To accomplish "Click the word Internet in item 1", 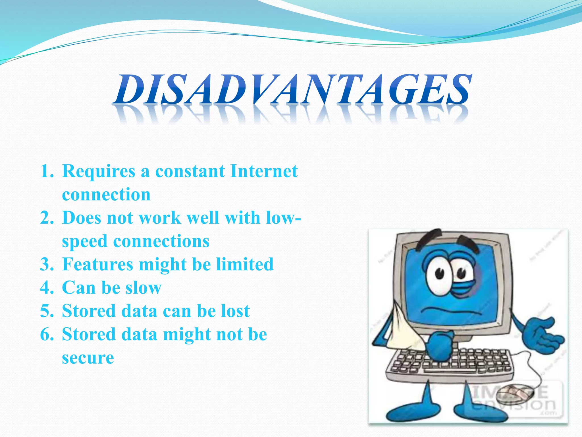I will pyautogui.click(x=264, y=171).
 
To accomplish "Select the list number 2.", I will pyautogui.click(x=47, y=218).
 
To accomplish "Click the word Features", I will pyautogui.click(x=97, y=264).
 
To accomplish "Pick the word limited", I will pyautogui.click(x=245, y=264).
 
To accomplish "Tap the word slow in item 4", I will pyautogui.click(x=144, y=288).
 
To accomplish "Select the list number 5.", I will pyautogui.click(x=47, y=311).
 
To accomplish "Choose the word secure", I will pyautogui.click(x=88, y=358).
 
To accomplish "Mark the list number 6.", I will pyautogui.click(x=47, y=334).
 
